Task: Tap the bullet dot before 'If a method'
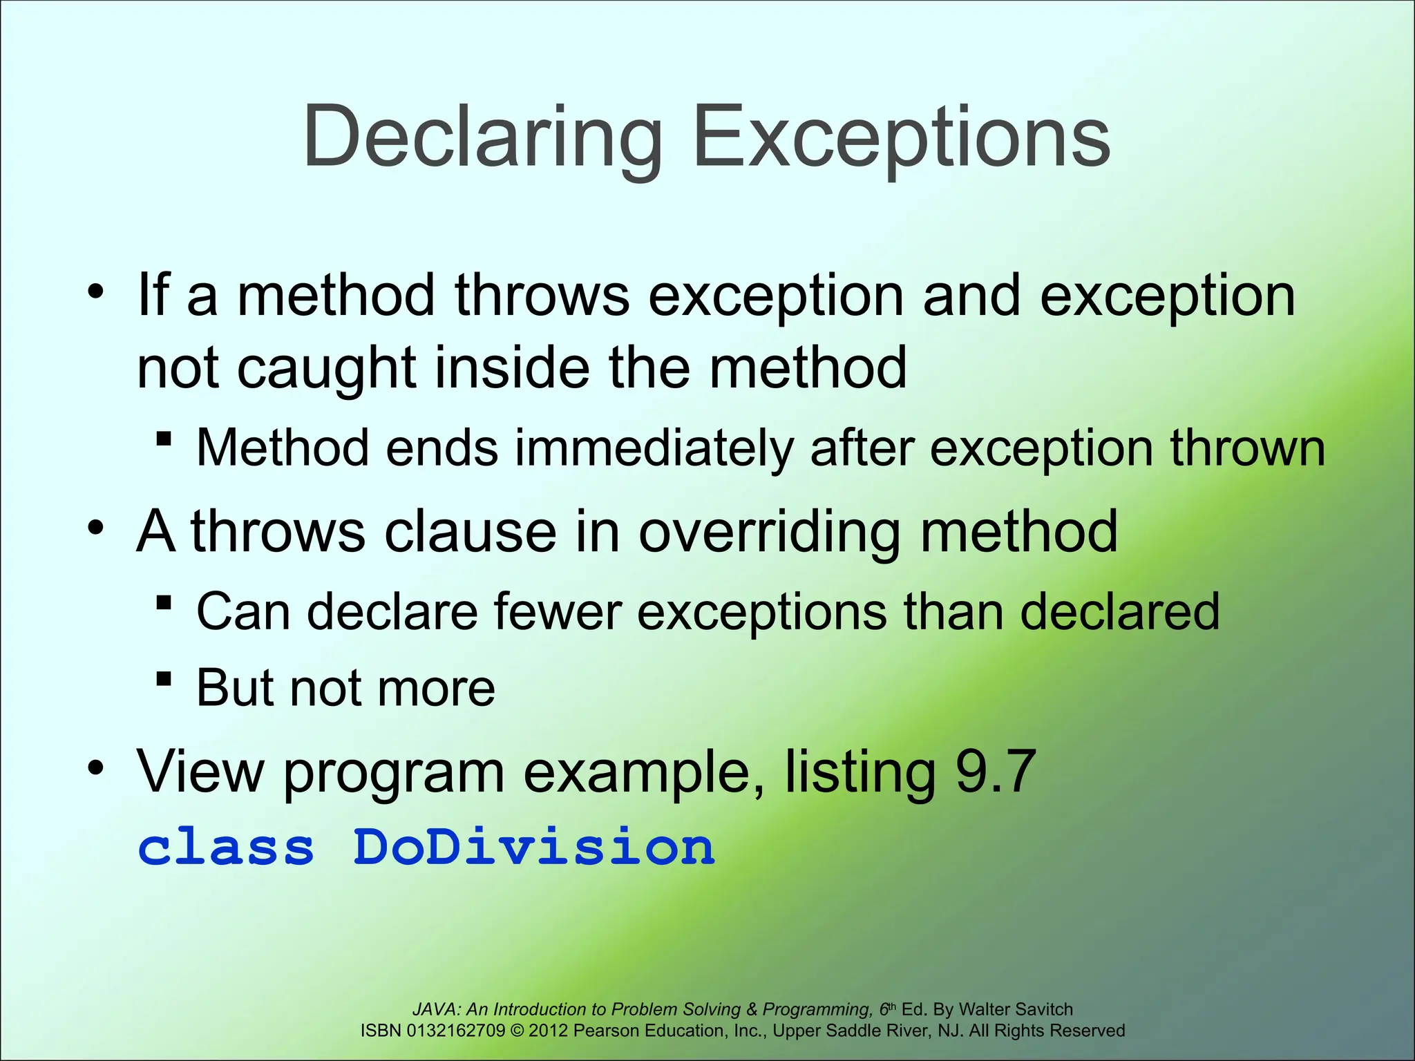pyautogui.click(x=96, y=292)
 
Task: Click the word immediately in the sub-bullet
pyautogui.click(x=654, y=448)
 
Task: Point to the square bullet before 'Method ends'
pyautogui.click(x=164, y=439)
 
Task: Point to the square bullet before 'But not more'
pyautogui.click(x=164, y=678)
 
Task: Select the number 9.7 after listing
pyautogui.click(x=995, y=772)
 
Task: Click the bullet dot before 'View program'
pyautogui.click(x=96, y=767)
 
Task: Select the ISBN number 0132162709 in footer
pyautogui.click(x=456, y=1031)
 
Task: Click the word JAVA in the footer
pyautogui.click(x=434, y=1009)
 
